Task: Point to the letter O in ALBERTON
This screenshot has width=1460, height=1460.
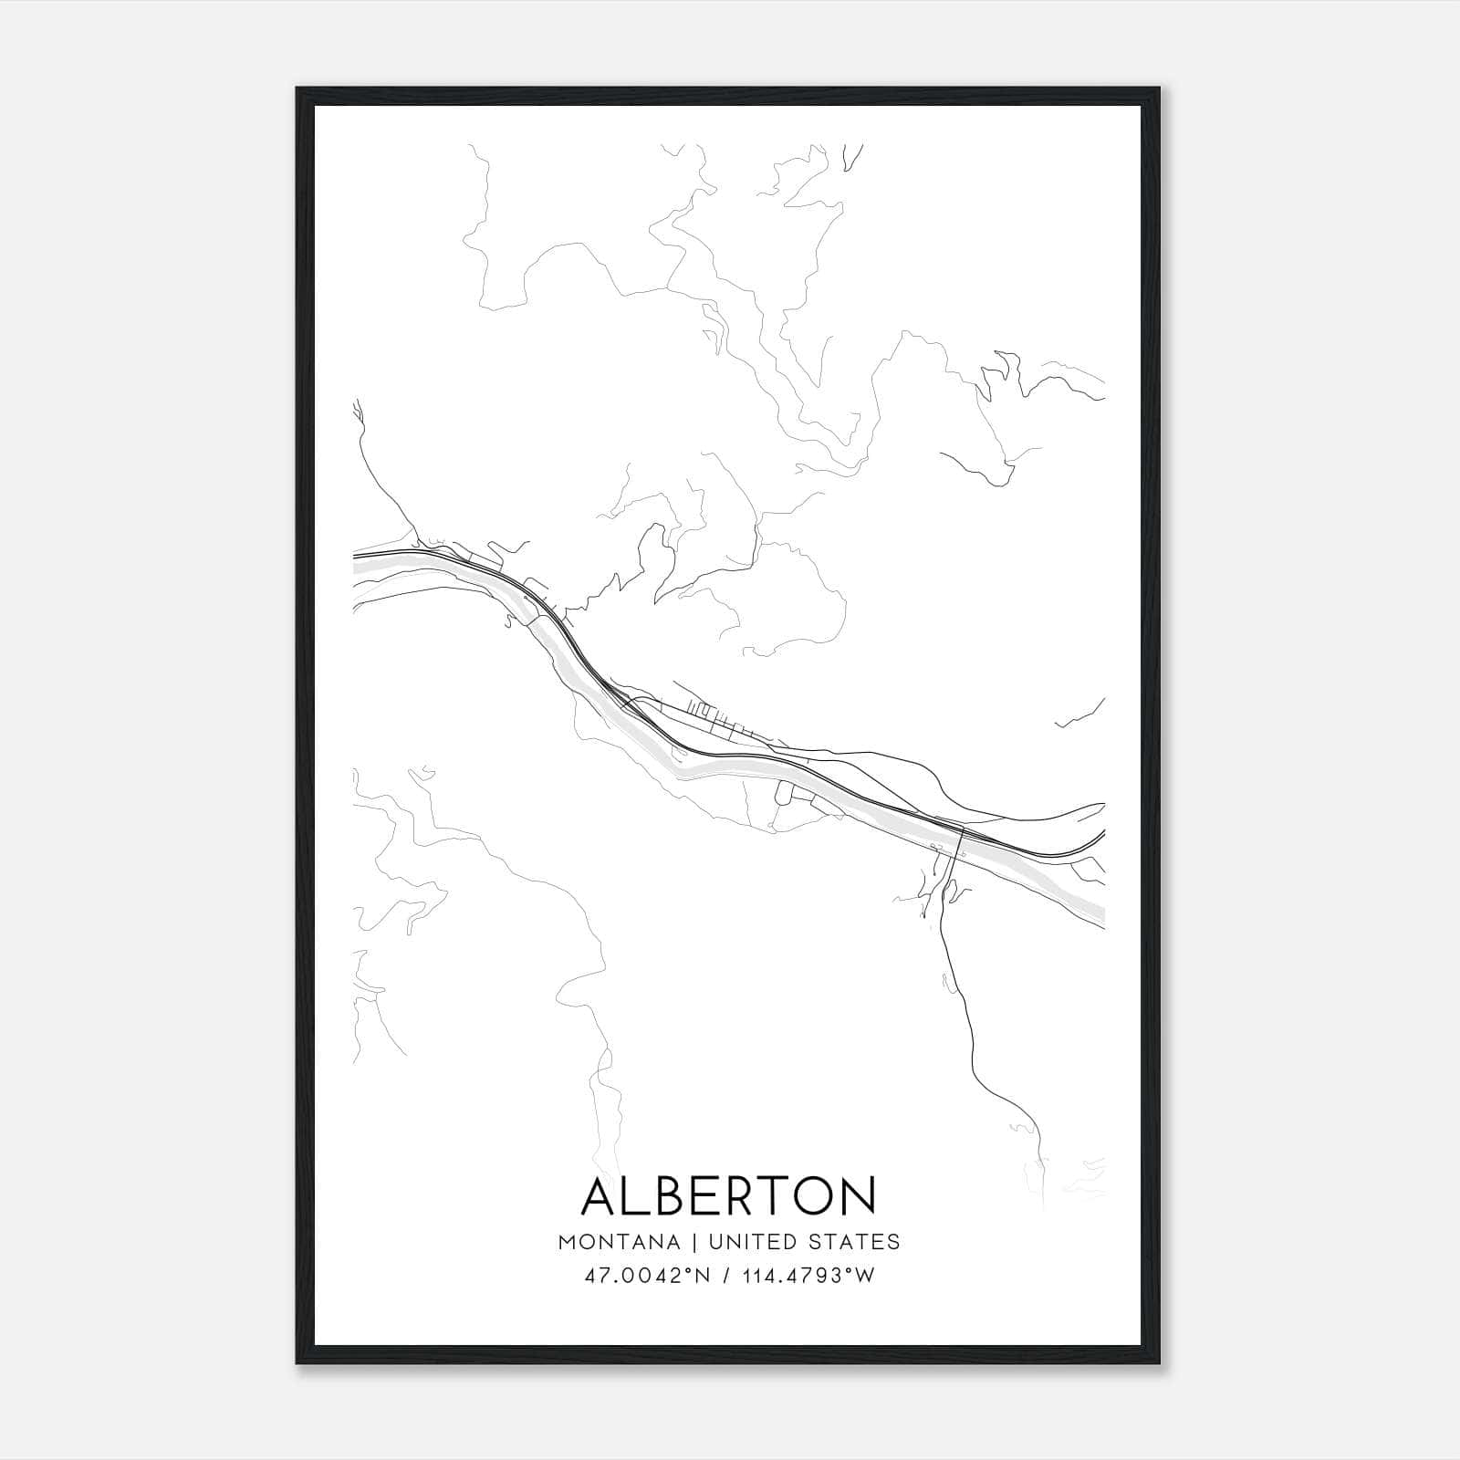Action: tap(818, 1196)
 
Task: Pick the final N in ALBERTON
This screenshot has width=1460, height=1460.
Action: tap(859, 1196)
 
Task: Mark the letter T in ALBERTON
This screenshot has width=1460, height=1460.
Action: tap(782, 1196)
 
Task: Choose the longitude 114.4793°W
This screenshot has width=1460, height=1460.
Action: tap(808, 1276)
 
